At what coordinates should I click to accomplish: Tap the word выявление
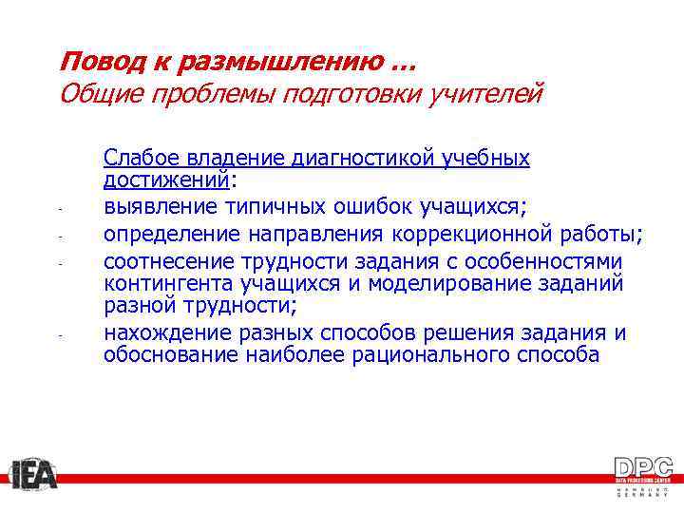tap(160, 206)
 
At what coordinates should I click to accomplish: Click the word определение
tap(170, 234)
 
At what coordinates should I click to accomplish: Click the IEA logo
tap(34, 474)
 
